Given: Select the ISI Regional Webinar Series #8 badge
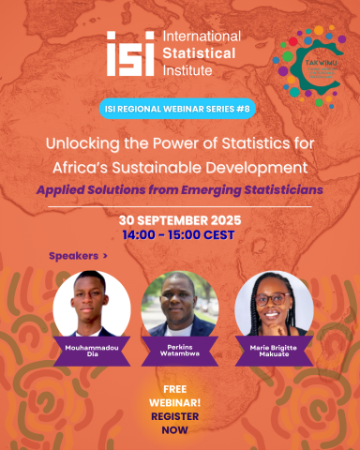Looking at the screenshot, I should [179, 110].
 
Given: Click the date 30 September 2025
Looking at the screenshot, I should [179, 218].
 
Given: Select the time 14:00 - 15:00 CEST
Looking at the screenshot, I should [179, 234].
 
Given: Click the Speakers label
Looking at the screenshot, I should [78, 255].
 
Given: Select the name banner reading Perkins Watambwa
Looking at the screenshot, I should [179, 351].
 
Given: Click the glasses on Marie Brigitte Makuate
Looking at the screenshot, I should [272, 297].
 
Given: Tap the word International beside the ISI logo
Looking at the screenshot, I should [201, 37].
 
